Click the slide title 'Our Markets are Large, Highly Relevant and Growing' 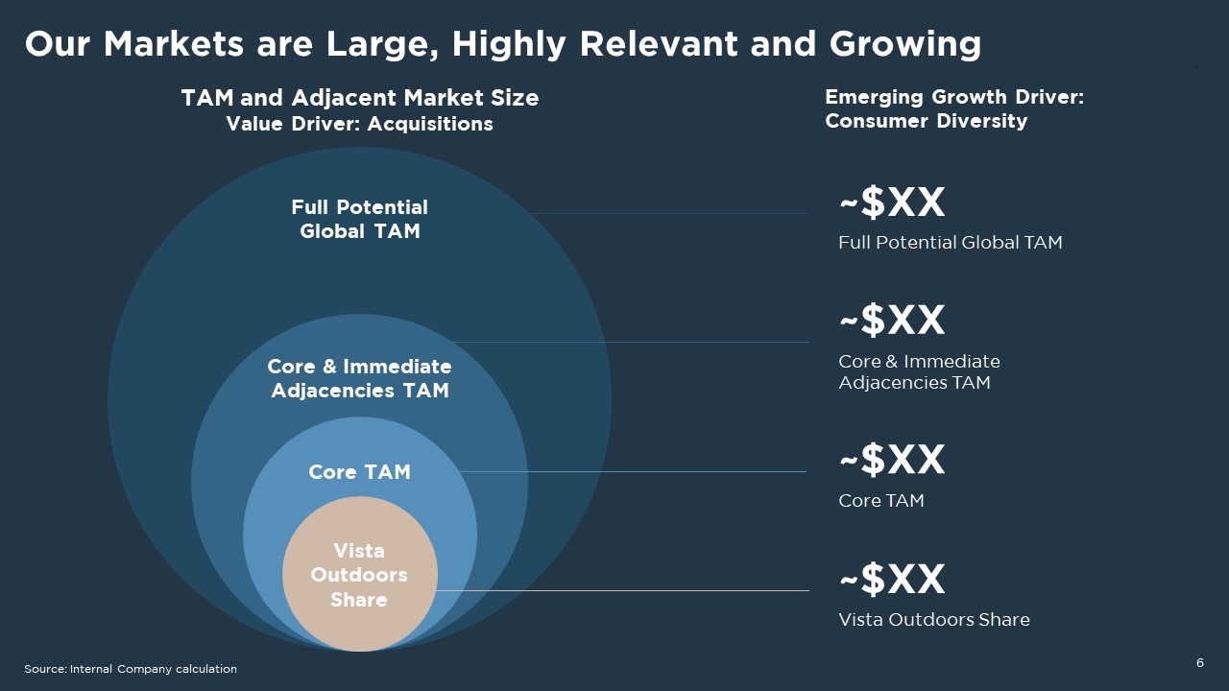point(502,44)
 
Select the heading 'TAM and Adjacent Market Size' point(360,98)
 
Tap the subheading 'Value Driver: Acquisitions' point(359,124)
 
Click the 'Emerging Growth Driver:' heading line point(954,97)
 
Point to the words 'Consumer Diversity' point(927,121)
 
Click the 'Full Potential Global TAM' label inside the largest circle point(359,219)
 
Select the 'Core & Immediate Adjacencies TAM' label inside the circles point(359,378)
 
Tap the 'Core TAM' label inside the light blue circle point(359,471)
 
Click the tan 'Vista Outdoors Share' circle point(360,574)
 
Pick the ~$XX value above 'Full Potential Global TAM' point(892,202)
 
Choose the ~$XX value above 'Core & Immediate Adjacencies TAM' point(892,320)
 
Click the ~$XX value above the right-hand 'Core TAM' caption point(892,459)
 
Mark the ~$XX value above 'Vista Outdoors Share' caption point(892,579)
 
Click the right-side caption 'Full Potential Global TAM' point(951,243)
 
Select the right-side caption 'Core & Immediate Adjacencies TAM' point(919,371)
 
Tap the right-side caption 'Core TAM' point(881,501)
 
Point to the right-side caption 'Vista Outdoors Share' point(934,620)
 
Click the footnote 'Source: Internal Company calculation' point(131,669)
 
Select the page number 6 point(1200,663)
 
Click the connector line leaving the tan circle point(623,590)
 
